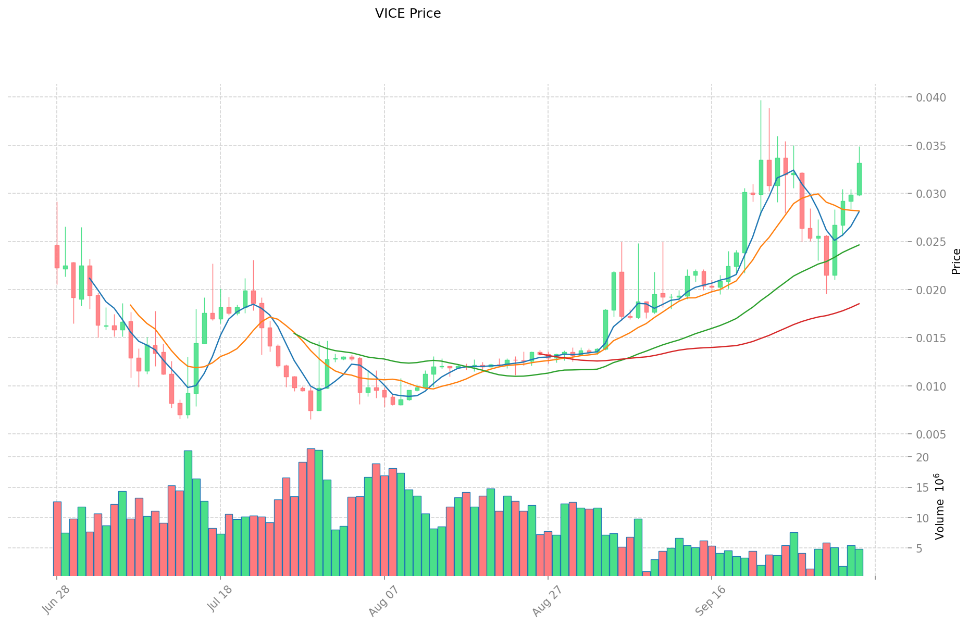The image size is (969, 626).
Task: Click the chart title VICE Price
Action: pos(408,14)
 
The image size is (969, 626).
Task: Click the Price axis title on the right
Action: pos(956,261)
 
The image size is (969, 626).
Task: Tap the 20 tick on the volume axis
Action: pos(923,457)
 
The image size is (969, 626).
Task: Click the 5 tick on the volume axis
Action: pos(923,548)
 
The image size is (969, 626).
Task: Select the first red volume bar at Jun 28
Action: pos(57,539)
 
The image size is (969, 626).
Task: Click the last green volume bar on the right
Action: pos(859,562)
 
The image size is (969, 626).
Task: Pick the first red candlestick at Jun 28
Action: pos(57,257)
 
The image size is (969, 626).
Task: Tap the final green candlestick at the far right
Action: pos(859,179)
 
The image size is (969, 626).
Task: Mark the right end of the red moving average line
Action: pos(859,304)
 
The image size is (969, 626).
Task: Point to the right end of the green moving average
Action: pos(859,245)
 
